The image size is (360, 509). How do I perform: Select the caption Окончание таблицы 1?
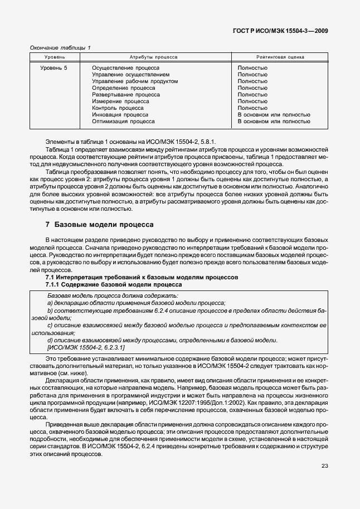point(60,48)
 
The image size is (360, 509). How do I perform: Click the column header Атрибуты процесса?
point(153,57)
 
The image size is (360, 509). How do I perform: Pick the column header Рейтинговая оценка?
point(278,57)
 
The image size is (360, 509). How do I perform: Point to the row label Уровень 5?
point(54,68)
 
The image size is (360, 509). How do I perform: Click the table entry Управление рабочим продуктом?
point(135,81)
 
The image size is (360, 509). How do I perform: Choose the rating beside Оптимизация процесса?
point(274,121)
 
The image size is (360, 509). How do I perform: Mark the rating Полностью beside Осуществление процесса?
point(252,68)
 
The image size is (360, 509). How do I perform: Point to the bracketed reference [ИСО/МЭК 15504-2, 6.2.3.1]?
point(86,347)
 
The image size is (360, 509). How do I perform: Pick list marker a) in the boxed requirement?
point(50,302)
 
